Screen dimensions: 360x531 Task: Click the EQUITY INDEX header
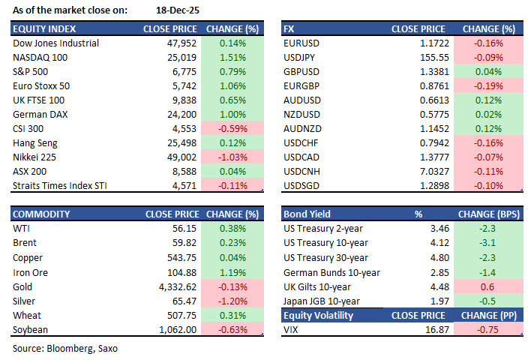coord(43,28)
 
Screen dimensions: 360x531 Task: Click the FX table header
coord(289,28)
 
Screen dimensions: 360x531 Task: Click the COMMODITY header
coord(42,214)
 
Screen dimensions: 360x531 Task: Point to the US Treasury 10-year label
coord(325,243)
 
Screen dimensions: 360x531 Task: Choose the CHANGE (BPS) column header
coord(488,214)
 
